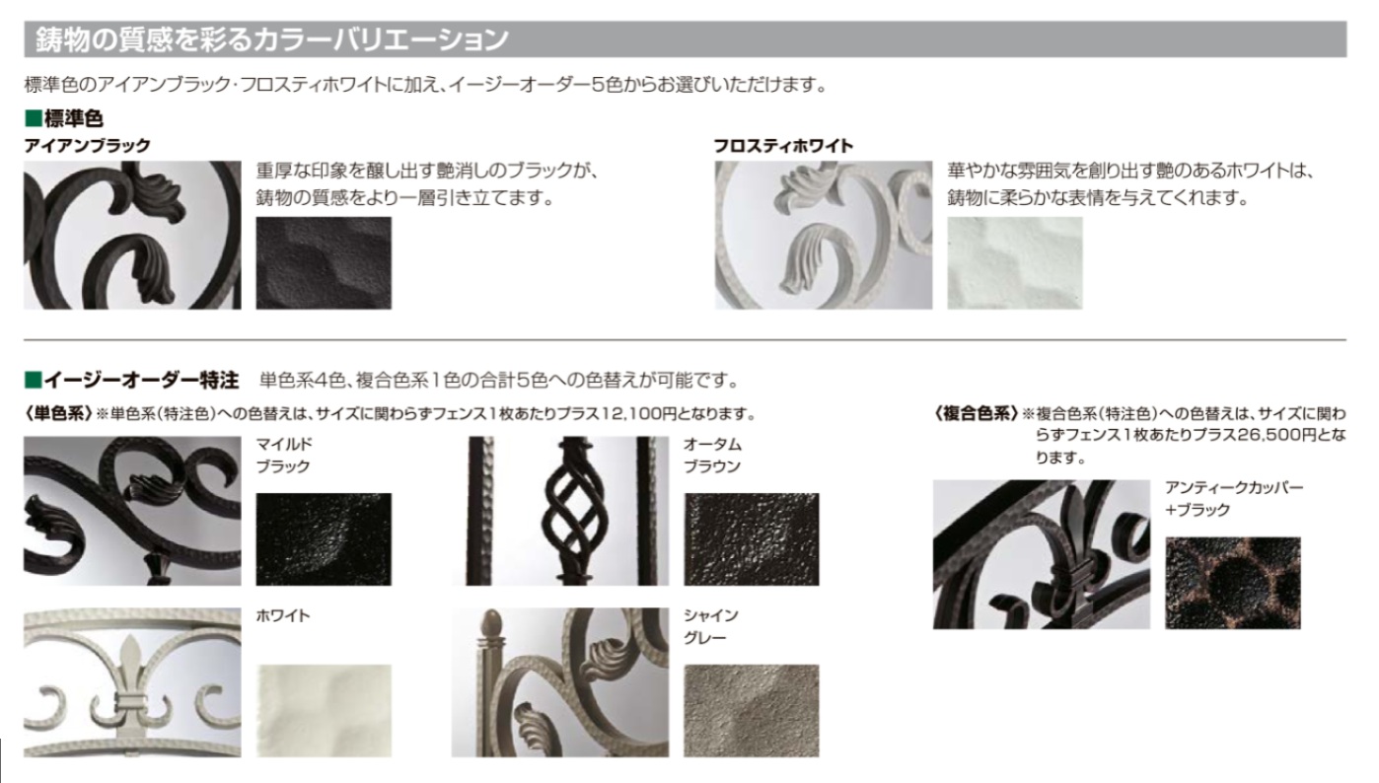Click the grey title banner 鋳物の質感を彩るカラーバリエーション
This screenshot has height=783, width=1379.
pyautogui.click(x=686, y=38)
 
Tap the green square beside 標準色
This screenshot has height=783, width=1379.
pyautogui.click(x=33, y=117)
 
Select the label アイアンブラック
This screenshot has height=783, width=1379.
pyautogui.click(x=88, y=145)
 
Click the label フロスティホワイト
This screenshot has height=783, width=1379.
pyautogui.click(x=783, y=145)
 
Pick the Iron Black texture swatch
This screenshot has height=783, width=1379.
pyautogui.click(x=324, y=263)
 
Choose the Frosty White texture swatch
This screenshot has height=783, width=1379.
pyautogui.click(x=1015, y=263)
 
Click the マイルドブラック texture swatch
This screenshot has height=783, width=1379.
pyautogui.click(x=324, y=539)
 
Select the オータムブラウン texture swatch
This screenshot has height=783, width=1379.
pyautogui.click(x=752, y=539)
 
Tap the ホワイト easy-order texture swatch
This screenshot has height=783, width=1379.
pyautogui.click(x=324, y=710)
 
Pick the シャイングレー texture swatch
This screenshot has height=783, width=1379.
pyautogui.click(x=752, y=710)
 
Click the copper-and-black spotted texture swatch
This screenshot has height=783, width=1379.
pyautogui.click(x=1233, y=583)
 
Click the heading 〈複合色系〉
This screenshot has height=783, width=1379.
pyautogui.click(x=976, y=413)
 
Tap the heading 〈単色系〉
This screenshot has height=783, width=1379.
pyautogui.click(x=58, y=413)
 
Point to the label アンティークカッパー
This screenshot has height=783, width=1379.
pyautogui.click(x=1234, y=487)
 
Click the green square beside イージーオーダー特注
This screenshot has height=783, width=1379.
pyautogui.click(x=33, y=380)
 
